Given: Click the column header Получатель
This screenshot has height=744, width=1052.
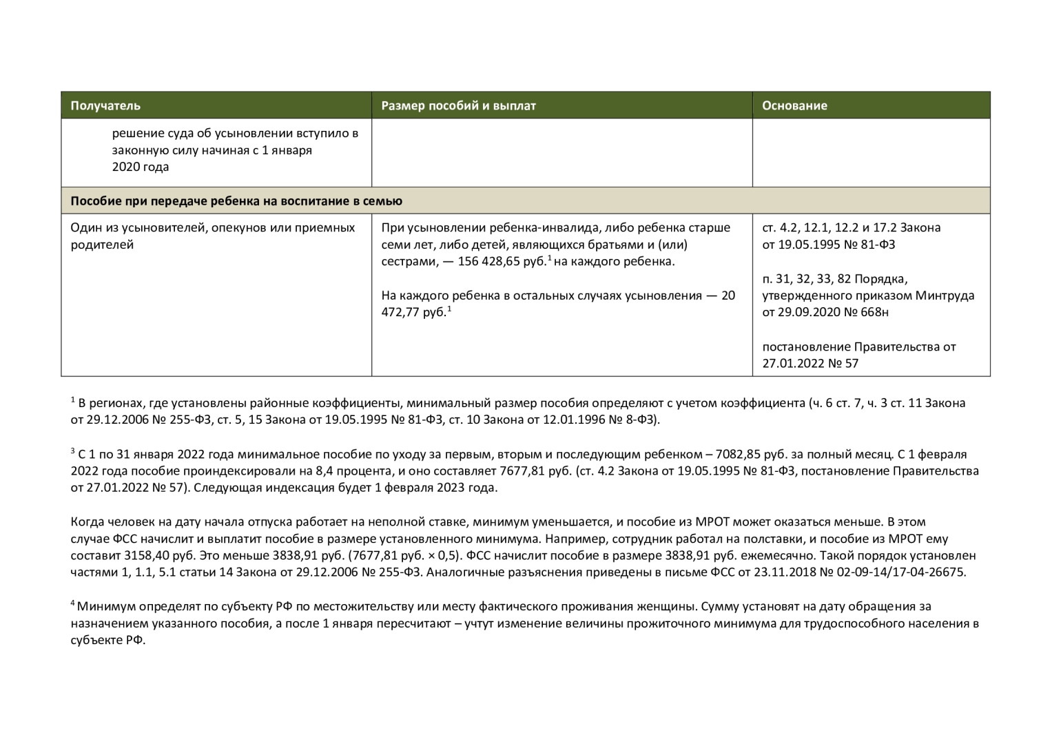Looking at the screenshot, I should click(105, 105).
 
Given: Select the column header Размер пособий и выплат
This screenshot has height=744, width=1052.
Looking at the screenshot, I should click(458, 105).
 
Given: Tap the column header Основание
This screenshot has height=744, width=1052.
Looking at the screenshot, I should click(794, 105).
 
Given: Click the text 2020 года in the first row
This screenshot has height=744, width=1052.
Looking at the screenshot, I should click(141, 167).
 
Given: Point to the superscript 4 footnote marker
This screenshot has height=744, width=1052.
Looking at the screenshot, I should click(72, 603).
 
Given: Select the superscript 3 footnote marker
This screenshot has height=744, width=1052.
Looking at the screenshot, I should click(72, 451).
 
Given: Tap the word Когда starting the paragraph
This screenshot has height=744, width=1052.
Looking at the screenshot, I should click(87, 522).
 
